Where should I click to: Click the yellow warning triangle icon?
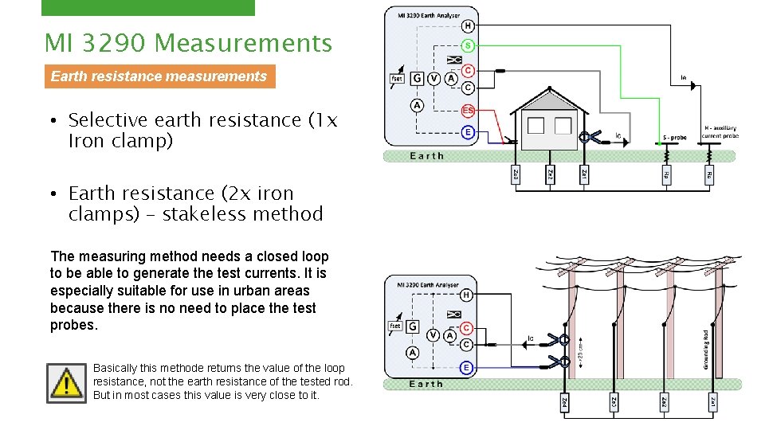66,383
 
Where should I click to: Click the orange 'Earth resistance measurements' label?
159,76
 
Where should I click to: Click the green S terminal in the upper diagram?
468,45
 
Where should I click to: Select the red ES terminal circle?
468,111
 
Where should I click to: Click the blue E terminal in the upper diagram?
468,131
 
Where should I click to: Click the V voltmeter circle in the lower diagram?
434,335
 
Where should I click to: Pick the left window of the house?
535,126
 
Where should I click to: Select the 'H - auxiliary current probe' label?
720,131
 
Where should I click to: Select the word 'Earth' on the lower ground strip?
426,384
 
